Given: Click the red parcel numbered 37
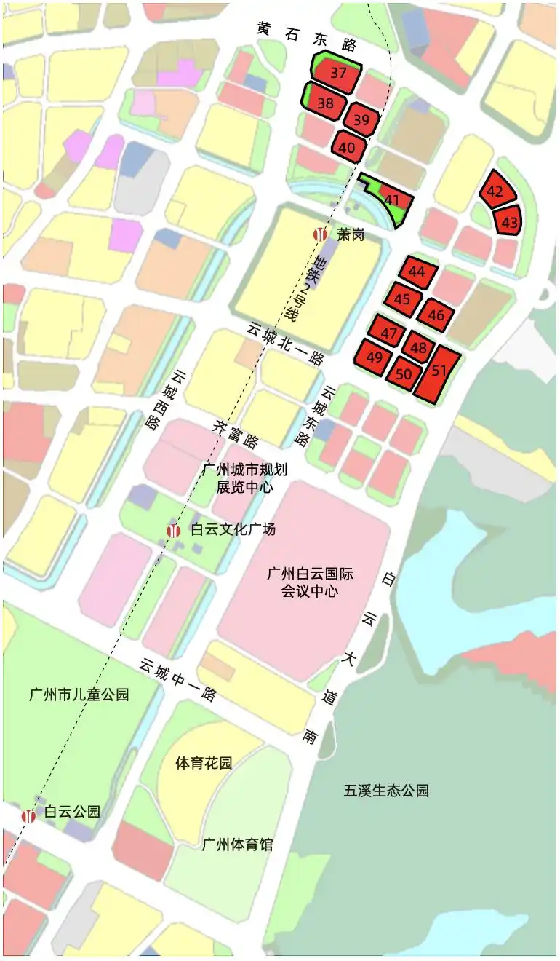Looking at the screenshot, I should [337, 74].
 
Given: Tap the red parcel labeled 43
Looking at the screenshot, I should [511, 221].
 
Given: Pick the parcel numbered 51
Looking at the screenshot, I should [439, 371].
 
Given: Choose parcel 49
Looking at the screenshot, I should [375, 358].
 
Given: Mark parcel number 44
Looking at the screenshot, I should [417, 272].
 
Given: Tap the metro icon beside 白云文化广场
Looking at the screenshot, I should [174, 530].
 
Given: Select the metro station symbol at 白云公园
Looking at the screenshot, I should [29, 815].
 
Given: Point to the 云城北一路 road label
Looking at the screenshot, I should [285, 344].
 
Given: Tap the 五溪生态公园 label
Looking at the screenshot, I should [386, 791].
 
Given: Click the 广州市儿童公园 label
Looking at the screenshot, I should [79, 694].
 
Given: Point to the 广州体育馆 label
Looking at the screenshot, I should [238, 845].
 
